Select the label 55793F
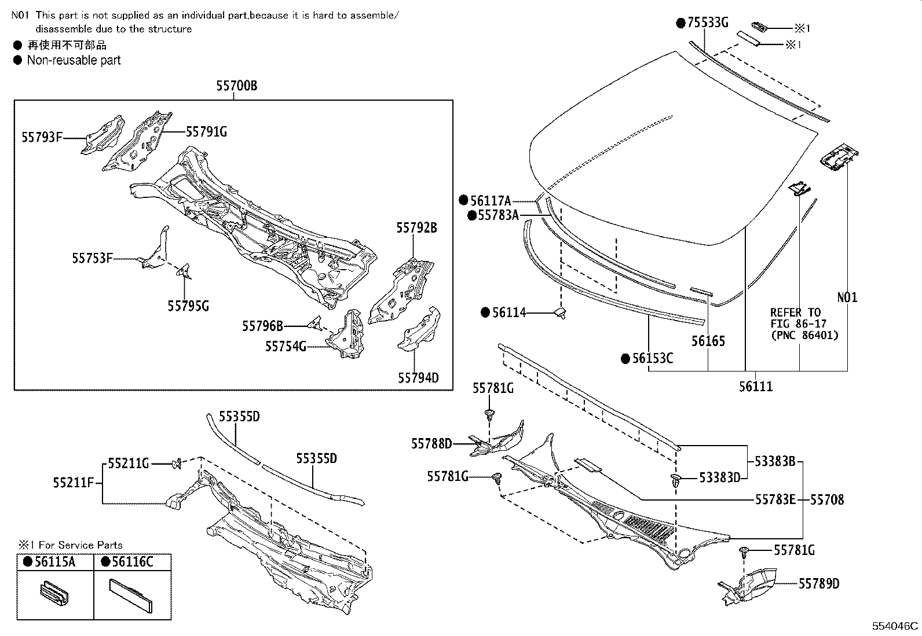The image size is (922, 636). coord(42,138)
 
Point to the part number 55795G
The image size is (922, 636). coord(188,306)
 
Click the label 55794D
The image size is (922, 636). coord(418,378)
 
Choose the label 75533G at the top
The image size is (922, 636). coord(707,23)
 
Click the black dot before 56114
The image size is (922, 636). coord(485,313)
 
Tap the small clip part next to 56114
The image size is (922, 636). coord(560,313)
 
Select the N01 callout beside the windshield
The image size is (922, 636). coord(847,297)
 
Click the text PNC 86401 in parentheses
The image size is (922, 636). coord(804,335)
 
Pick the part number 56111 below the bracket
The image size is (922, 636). coord(755,387)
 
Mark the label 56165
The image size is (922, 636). coord(708,341)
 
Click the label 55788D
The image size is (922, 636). coord(431,444)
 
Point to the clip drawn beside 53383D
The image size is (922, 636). coord(675,480)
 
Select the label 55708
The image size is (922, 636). coord(826,499)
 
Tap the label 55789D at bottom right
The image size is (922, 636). coord(818,584)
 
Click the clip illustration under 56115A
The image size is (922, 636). coord(54,595)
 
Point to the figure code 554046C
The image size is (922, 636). coord(895,626)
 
